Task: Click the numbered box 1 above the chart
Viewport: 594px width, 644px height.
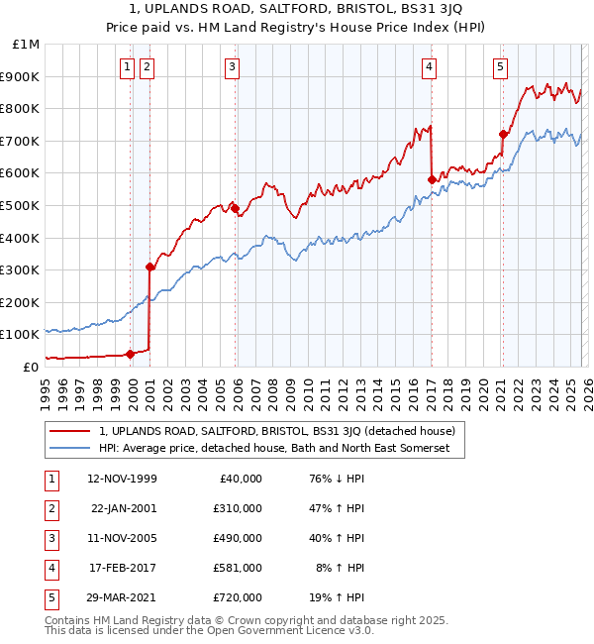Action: click(129, 67)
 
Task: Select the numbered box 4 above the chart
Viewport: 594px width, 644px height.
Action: click(430, 67)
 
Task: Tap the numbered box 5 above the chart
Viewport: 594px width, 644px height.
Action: click(501, 67)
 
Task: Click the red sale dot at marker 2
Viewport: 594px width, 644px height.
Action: click(149, 267)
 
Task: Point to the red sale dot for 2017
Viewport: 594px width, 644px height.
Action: click(432, 179)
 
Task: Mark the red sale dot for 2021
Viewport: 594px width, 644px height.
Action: click(503, 134)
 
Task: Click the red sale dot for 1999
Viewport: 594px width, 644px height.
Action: click(130, 354)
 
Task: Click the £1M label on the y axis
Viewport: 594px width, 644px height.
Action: click(27, 45)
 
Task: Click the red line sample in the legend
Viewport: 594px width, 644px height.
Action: click(70, 431)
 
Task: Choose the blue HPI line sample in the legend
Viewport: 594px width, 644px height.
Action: click(70, 449)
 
